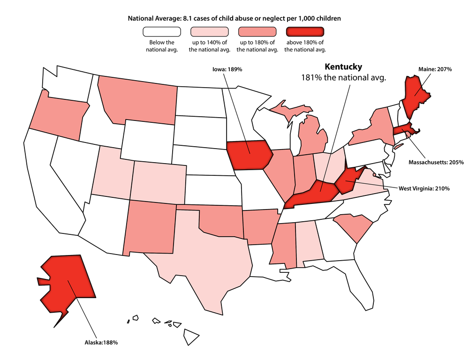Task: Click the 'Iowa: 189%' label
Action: [x=227, y=69]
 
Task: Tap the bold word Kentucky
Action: [x=344, y=67]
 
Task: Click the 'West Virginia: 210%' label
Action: [x=424, y=188]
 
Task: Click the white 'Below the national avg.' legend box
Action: [x=162, y=32]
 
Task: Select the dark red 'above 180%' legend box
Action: [x=305, y=32]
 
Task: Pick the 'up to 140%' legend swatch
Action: [x=210, y=32]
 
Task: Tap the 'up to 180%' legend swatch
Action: [x=257, y=32]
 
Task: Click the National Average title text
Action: [x=234, y=18]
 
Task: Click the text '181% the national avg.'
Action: [x=343, y=78]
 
